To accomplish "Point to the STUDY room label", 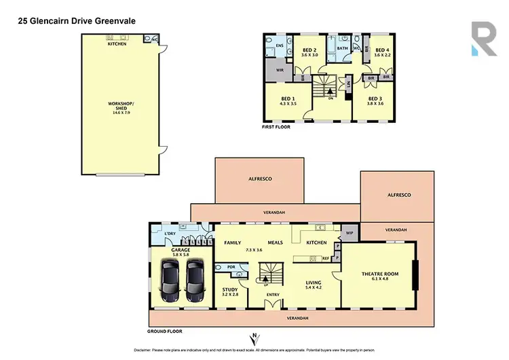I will tap(230, 291).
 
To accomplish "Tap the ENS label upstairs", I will tap(279, 46).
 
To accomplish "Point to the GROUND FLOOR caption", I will tap(166, 331).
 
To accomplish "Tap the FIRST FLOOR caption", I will tap(278, 127).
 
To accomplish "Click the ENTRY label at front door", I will tap(274, 294).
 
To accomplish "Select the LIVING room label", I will tap(313, 282).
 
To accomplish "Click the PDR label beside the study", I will tap(231, 267).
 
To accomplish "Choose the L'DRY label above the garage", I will tap(170, 234).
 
